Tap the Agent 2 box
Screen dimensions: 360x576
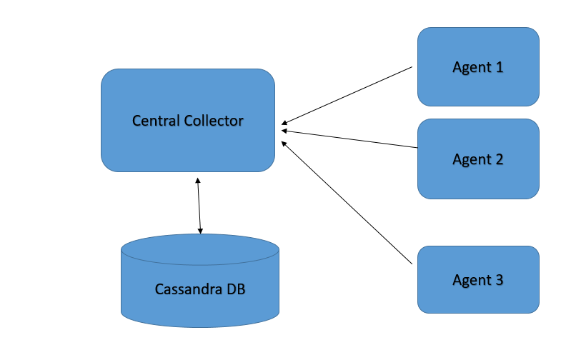[478, 179]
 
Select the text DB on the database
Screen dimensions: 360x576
[235, 289]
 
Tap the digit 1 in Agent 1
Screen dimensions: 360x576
[500, 67]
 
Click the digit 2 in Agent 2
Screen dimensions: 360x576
[500, 159]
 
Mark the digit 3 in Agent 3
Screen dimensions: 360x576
[500, 279]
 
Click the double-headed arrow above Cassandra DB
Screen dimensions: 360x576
[199, 206]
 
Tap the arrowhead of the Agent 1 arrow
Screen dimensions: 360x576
[285, 122]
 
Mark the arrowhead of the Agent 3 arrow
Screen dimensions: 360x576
[285, 144]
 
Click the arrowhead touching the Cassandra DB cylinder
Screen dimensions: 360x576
[200, 230]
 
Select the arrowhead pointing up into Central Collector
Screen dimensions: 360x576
[198, 180]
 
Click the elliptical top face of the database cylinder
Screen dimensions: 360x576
[199, 249]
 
